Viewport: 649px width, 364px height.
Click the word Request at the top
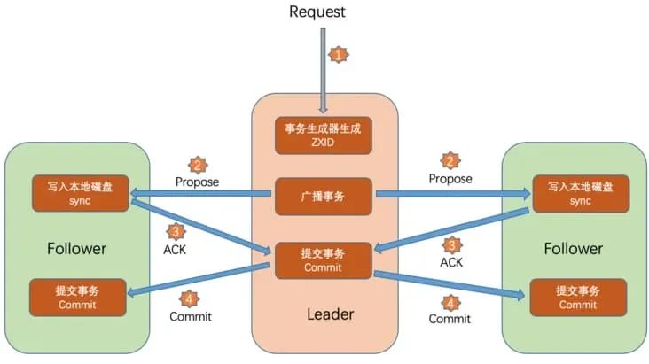[x=317, y=12]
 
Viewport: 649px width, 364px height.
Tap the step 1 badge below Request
[x=338, y=55]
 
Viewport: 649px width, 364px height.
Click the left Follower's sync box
[x=79, y=193]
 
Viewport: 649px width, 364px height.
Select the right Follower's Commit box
[x=577, y=297]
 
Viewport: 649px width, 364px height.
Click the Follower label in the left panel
[x=77, y=248]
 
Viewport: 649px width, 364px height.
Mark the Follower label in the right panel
[x=573, y=249]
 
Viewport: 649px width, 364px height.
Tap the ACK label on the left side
[x=176, y=251]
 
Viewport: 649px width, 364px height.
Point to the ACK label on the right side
[x=452, y=262]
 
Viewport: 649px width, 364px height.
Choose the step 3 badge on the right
[x=452, y=244]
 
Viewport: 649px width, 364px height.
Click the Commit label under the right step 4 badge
[x=450, y=319]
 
